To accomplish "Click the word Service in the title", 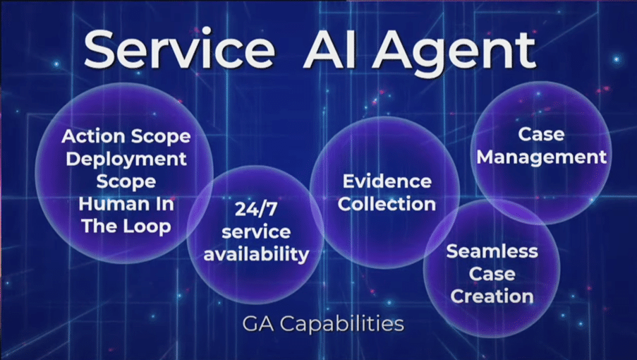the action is (179, 49).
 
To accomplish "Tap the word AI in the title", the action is (329, 50).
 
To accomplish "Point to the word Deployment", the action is (126, 160).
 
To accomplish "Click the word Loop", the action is (147, 227).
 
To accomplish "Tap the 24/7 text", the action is (256, 210).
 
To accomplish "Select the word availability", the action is (256, 254).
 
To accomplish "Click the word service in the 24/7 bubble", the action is (256, 232).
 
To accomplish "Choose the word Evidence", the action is (387, 181).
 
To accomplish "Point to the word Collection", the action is (387, 204).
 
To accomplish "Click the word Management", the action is (542, 157).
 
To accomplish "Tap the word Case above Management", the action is (541, 135).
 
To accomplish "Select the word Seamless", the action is (492, 251).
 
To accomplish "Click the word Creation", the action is (492, 296).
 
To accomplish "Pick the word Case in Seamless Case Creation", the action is (492, 274).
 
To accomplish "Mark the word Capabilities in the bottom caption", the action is (342, 324).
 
